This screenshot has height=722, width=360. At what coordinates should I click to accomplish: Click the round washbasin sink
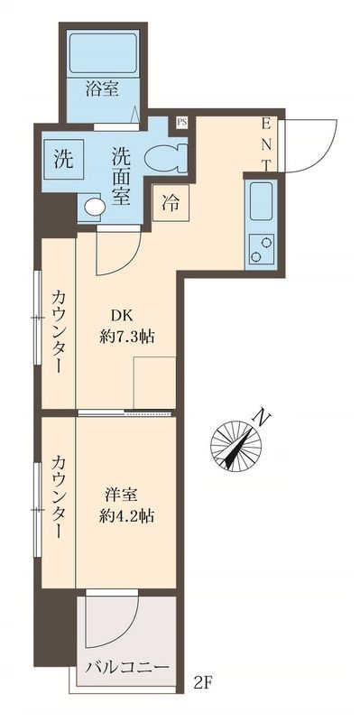point(93,207)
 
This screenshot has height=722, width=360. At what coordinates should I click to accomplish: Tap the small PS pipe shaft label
point(181,120)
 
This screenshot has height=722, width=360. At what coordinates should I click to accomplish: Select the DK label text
point(122,315)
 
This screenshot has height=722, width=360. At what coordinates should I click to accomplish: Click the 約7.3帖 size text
point(126,337)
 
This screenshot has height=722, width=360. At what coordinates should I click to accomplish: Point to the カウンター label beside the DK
point(58,329)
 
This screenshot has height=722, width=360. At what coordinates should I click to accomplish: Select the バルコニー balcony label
point(127,669)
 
